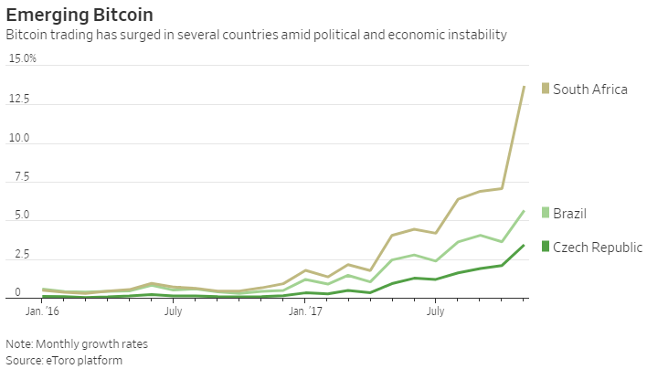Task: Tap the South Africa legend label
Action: pos(590,89)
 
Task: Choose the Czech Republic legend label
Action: pos(598,247)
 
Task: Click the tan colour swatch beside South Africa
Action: pos(546,89)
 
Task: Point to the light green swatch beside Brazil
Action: pos(546,213)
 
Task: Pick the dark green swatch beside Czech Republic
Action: pos(546,247)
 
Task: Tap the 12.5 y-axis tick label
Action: pos(19,99)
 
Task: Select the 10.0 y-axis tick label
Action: pos(19,139)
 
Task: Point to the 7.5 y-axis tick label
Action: pos(16,178)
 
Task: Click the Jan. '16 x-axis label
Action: pos(43,311)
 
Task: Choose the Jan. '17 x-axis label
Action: pos(306,311)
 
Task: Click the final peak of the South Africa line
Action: pos(524,87)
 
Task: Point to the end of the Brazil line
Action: pos(524,211)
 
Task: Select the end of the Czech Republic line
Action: pos(524,245)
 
